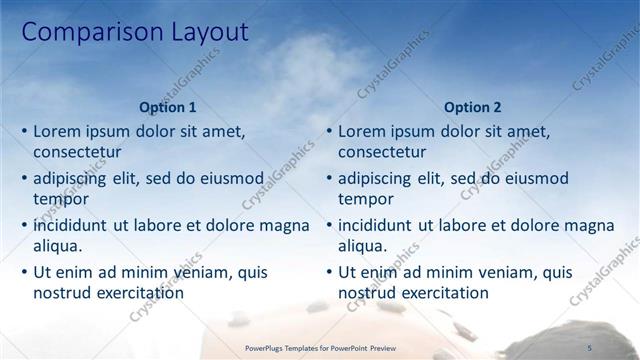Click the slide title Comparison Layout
(x=134, y=32)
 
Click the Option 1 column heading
(x=168, y=107)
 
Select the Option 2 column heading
(x=473, y=107)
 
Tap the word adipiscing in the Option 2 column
(x=374, y=178)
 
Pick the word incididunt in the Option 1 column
(x=71, y=225)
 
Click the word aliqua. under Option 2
(x=363, y=246)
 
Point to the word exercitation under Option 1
(x=137, y=293)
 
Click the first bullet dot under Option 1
(x=25, y=132)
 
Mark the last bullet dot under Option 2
(x=330, y=272)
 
